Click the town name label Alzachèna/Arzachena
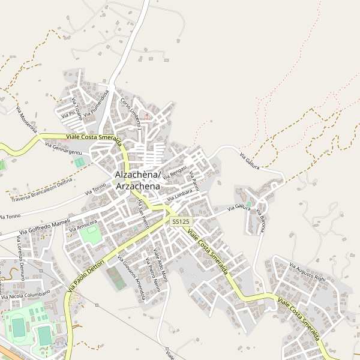137,181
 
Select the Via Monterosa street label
27,120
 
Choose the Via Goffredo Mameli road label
44,227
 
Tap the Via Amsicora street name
83,226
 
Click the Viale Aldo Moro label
158,258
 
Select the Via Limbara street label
179,195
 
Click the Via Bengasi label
175,172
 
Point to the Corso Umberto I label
130,113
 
